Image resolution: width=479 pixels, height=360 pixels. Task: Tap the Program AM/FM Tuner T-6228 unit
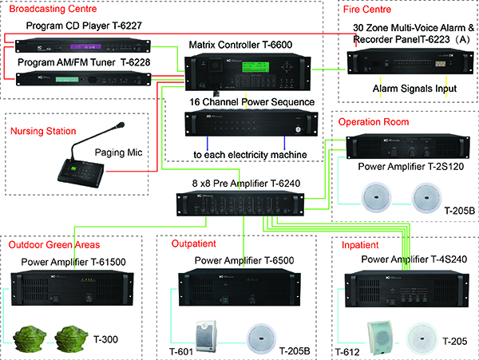[x=81, y=77]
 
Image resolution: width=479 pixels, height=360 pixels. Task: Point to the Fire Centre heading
[x=366, y=10]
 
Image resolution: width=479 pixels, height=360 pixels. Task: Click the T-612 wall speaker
[x=377, y=336]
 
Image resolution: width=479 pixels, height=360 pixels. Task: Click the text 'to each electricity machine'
[x=244, y=153]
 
